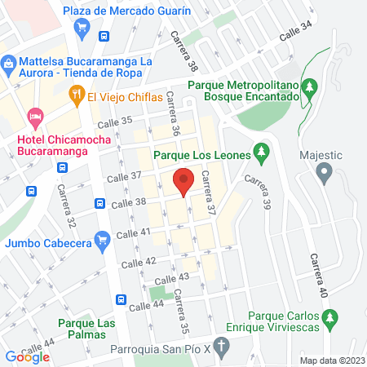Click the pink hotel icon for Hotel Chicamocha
(35, 117)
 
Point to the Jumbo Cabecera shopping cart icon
(102, 239)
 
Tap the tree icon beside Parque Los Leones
(262, 151)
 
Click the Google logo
(28, 356)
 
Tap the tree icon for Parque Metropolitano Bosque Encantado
(309, 86)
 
